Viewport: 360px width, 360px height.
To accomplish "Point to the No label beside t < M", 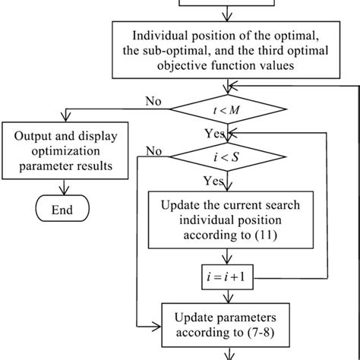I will (x=151, y=99).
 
